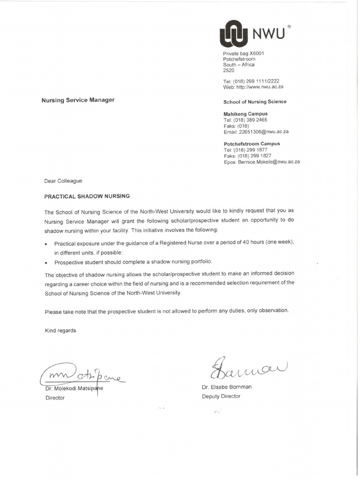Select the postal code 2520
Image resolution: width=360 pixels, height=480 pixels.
229,70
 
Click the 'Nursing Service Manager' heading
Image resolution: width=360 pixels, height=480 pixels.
78,100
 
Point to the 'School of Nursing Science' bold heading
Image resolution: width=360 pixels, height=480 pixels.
255,102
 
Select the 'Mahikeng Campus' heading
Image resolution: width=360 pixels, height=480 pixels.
246,114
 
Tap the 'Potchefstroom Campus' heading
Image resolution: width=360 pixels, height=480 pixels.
252,144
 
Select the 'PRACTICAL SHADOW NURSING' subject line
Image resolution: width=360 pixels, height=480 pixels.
87,196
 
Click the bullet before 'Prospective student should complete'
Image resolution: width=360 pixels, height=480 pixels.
46,262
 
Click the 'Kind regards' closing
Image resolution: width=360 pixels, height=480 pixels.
60,330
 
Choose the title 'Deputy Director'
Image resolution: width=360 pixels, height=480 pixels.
221,396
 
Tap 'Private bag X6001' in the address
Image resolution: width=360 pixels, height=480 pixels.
243,53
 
